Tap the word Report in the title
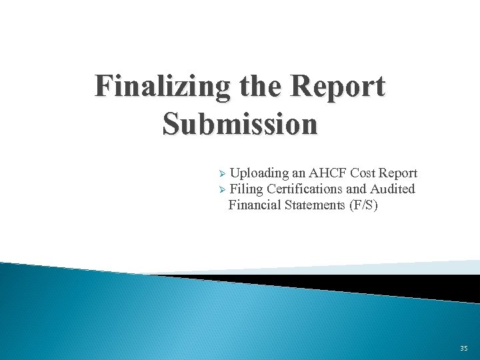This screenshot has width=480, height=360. (338, 87)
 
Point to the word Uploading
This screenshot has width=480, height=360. (259, 174)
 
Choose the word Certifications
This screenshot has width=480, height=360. (305, 189)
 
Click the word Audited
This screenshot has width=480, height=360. (393, 189)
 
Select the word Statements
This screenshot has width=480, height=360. (313, 205)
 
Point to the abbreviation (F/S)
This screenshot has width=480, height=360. (363, 205)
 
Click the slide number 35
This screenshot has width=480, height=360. (463, 349)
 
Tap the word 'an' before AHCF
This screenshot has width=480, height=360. (297, 174)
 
